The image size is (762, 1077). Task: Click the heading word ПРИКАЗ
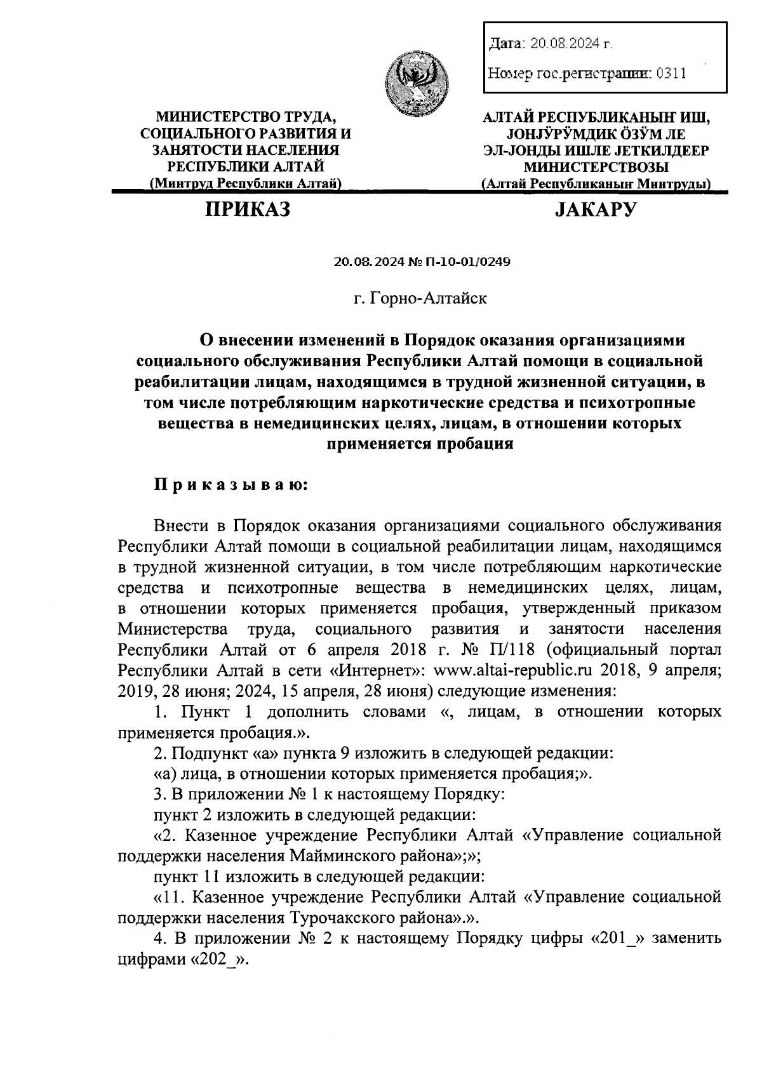click(247, 209)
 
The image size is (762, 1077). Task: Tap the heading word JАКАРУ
click(595, 209)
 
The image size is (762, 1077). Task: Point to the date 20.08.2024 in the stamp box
click(562, 44)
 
